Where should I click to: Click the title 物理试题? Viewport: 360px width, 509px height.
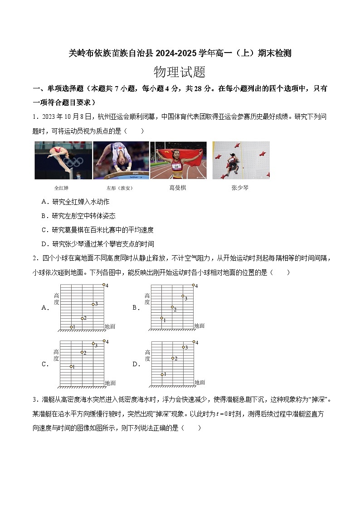pyautogui.click(x=180, y=72)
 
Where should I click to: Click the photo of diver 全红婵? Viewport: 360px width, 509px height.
pyautogui.click(x=63, y=160)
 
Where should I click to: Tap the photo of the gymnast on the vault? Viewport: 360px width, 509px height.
pyautogui.click(x=121, y=160)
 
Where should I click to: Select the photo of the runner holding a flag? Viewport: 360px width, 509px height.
pyautogui.click(x=178, y=160)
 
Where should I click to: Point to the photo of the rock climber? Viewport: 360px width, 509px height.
pyautogui.click(x=241, y=160)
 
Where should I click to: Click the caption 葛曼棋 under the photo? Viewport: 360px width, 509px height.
pyautogui.click(x=178, y=187)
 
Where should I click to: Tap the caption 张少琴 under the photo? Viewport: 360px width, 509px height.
pyautogui.click(x=240, y=187)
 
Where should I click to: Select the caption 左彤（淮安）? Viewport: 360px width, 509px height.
pyautogui.click(x=120, y=188)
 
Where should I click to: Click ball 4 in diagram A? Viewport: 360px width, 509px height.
pyautogui.click(x=104, y=285)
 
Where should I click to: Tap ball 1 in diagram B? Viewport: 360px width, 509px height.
pyautogui.click(x=162, y=318)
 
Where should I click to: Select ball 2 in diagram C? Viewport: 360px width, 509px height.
pyautogui.click(x=83, y=352)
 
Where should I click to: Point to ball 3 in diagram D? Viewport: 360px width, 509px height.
pyautogui.click(x=183, y=347)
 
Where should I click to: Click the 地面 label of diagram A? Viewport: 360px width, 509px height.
pyautogui.click(x=110, y=326)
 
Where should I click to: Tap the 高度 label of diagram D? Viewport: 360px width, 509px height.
pyautogui.click(x=148, y=355)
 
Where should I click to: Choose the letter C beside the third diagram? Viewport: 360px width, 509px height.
pyautogui.click(x=45, y=364)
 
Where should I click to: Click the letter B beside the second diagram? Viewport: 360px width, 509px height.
pyautogui.click(x=135, y=307)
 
